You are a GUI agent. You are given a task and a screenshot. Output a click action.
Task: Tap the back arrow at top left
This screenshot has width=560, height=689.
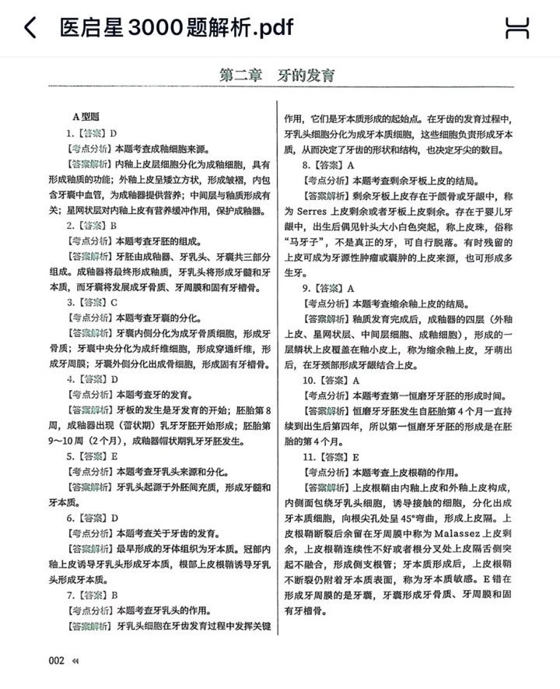(30, 28)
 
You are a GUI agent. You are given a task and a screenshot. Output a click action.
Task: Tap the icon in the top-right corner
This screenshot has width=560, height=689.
(517, 28)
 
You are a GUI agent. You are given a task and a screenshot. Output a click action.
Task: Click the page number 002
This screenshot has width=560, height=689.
(56, 660)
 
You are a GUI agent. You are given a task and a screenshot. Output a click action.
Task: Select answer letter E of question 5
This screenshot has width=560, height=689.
(114, 456)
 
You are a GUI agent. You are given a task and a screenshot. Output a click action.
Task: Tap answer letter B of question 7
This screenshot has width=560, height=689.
(114, 595)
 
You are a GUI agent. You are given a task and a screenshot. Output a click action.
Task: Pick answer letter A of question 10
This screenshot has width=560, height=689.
(356, 381)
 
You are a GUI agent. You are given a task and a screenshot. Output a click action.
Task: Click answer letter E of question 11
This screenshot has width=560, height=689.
(356, 457)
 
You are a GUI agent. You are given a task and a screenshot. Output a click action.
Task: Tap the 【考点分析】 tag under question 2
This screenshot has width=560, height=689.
(90, 241)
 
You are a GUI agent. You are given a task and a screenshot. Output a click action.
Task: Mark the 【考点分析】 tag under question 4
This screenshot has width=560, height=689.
(90, 395)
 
